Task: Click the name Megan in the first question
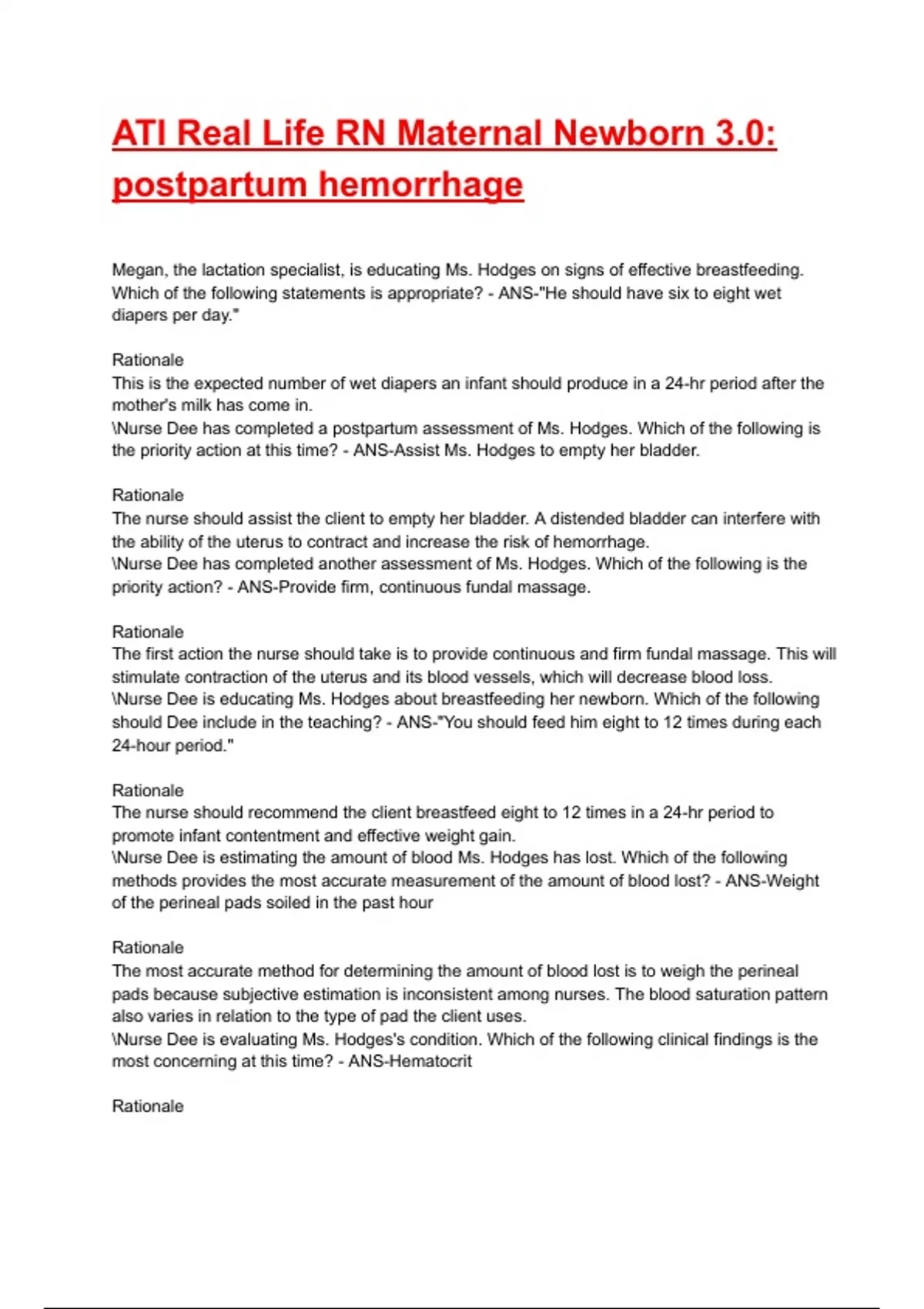[x=139, y=270]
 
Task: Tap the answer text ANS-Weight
[x=772, y=881]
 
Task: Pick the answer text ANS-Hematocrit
[x=410, y=1062]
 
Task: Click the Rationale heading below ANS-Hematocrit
[x=148, y=1106]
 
